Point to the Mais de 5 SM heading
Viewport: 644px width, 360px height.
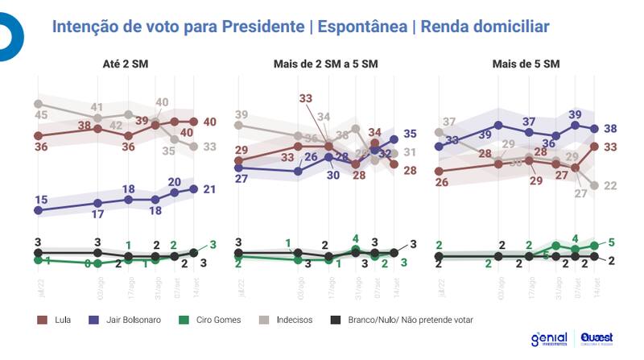tap(526, 64)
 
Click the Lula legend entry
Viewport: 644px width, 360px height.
tap(60, 319)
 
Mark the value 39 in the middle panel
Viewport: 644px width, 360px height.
tap(241, 114)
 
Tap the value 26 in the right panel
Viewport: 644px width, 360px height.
tap(441, 183)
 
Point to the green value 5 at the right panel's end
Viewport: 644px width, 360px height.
tap(613, 242)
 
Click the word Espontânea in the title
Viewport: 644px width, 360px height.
tap(361, 27)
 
